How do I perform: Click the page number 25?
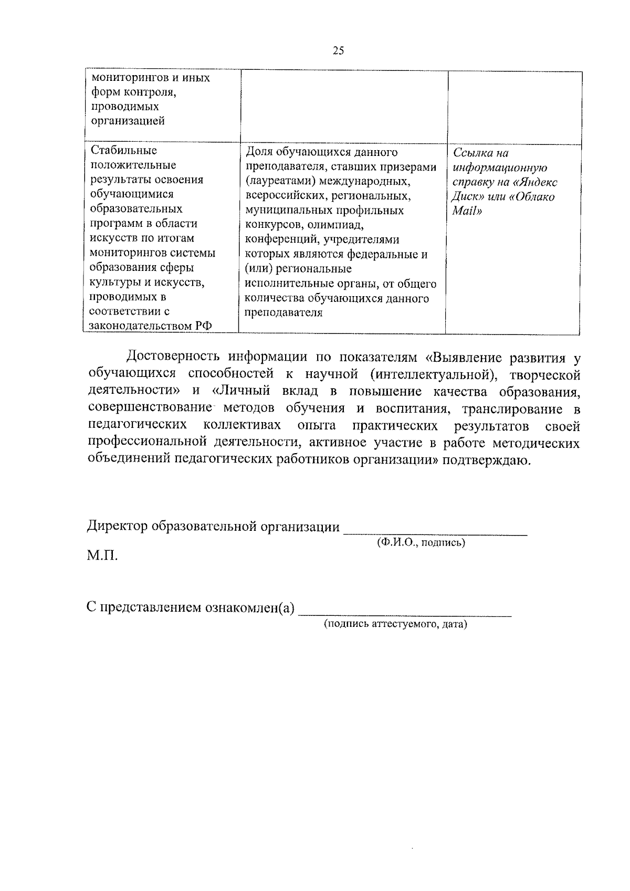338,51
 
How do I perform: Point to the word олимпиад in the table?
340,225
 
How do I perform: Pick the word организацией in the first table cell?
128,121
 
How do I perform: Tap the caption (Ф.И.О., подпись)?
421,543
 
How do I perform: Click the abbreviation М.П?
102,555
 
